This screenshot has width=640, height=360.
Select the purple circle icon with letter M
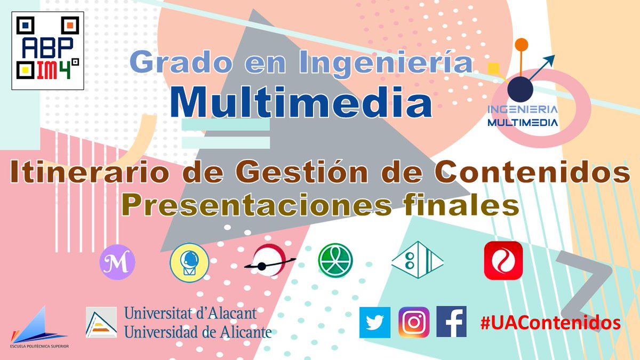[x=117, y=262]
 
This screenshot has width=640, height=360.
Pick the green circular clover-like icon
[x=335, y=261]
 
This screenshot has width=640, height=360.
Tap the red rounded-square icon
[x=503, y=261]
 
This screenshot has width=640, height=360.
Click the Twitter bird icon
[x=375, y=322]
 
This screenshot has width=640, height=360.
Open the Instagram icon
[x=413, y=322]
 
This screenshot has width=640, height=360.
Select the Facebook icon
[x=451, y=322]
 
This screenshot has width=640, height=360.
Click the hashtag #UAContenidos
[x=550, y=323]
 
